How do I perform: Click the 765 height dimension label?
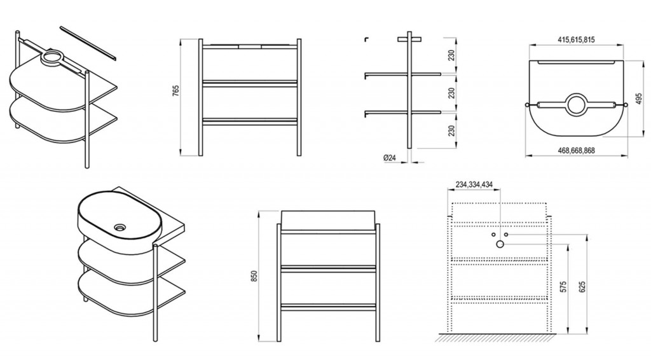tap(175, 92)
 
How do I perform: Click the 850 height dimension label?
tap(254, 276)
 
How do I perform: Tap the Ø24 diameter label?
tap(390, 158)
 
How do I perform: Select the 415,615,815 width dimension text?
tap(576, 40)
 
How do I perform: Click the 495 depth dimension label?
tap(639, 99)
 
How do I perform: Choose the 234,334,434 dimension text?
tap(474, 184)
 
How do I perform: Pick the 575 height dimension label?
tap(563, 286)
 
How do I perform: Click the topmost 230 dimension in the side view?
tap(452, 55)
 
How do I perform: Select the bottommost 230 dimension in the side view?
tap(452, 130)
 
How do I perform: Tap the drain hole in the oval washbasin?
tap(120, 227)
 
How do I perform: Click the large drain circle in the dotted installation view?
tap(500, 244)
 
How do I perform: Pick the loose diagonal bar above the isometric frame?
tap(88, 43)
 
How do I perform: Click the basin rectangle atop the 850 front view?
tap(329, 221)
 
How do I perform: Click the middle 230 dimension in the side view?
tap(452, 93)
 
